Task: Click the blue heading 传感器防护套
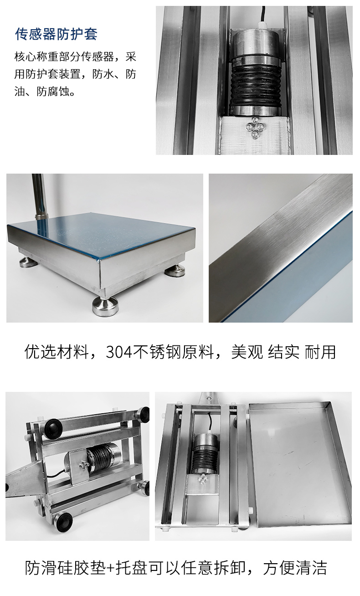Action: tap(56, 34)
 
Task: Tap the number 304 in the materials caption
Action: tap(118, 352)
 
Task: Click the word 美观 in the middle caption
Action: tap(247, 352)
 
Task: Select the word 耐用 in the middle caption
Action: tap(320, 352)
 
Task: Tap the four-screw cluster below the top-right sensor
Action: tap(255, 128)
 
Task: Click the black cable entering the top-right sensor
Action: tap(263, 15)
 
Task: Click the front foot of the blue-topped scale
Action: tap(105, 306)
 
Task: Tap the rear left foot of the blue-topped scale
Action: tap(29, 262)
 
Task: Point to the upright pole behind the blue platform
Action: tap(40, 195)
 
